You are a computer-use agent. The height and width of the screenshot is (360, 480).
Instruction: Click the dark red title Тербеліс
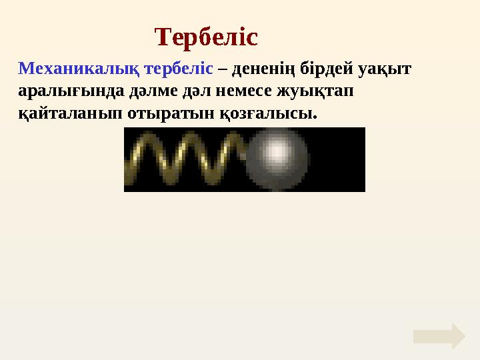click(206, 37)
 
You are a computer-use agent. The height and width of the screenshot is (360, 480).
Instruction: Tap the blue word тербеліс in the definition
click(179, 68)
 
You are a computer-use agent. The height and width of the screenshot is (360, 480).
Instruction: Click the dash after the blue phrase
click(222, 69)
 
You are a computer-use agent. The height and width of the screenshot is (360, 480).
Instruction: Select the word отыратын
click(152, 113)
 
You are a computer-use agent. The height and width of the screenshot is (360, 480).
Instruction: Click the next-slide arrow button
click(439, 337)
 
